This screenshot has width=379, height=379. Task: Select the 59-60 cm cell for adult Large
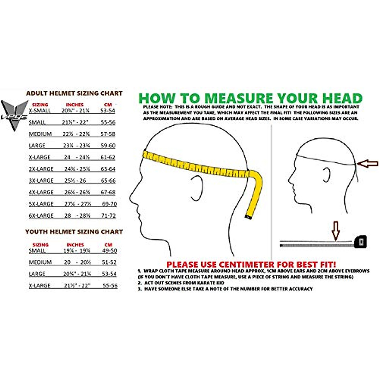(x=108, y=146)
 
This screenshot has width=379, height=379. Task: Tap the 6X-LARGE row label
(x=41, y=215)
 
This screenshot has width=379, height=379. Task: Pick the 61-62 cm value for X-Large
(x=108, y=157)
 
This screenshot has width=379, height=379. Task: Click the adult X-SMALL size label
(x=39, y=111)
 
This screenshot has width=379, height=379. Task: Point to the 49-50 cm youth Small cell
(x=109, y=250)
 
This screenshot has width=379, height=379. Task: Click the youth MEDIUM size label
(x=40, y=262)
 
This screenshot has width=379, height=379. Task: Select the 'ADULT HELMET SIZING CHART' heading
(x=74, y=93)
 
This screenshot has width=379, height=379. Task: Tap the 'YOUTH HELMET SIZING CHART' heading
(x=74, y=232)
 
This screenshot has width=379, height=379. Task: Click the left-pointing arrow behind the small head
(x=368, y=163)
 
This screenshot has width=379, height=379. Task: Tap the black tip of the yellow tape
(x=249, y=217)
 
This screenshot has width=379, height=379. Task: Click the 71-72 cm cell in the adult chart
(x=108, y=215)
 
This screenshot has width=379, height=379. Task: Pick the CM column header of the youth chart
(x=108, y=245)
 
